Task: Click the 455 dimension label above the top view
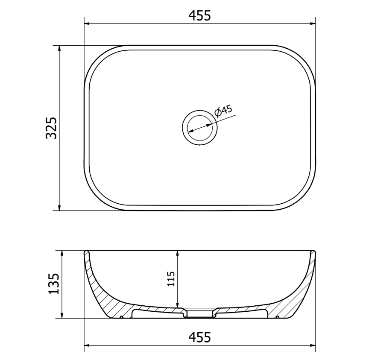click(199, 16)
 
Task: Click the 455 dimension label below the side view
click(199, 337)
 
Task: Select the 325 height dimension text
click(52, 128)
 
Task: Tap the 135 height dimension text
click(54, 284)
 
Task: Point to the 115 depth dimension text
click(171, 279)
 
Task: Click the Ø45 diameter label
click(223, 111)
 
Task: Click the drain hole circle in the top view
click(200, 128)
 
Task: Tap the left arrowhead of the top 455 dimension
click(87, 24)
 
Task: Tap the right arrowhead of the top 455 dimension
click(313, 24)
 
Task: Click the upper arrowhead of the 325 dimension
click(59, 48)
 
